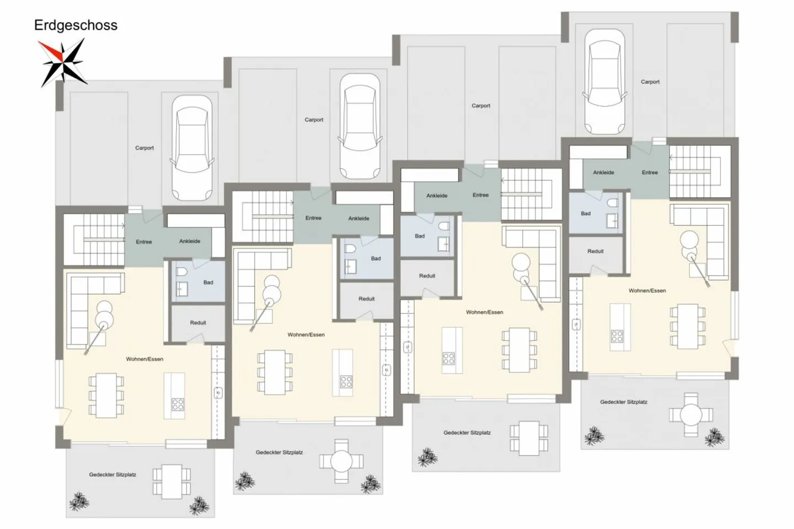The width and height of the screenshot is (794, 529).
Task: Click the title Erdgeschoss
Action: coord(76,25)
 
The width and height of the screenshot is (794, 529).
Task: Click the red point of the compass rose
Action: coord(50,50)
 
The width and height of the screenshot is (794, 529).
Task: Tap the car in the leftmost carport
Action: coord(192,148)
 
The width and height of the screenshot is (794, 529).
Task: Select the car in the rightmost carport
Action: coord(605,82)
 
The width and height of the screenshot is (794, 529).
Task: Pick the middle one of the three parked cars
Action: coord(360,126)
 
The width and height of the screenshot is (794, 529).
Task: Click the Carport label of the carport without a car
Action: coord(481,106)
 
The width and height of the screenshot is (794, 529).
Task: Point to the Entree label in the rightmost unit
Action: coord(650,172)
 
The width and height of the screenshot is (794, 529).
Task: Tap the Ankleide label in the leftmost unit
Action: coord(190,241)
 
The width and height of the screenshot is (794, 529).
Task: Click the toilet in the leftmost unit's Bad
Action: coord(181,272)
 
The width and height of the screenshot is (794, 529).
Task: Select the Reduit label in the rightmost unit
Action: coord(595,251)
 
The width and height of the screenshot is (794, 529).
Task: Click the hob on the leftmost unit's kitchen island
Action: coord(178,404)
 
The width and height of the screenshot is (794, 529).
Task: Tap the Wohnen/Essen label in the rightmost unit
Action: coord(647,290)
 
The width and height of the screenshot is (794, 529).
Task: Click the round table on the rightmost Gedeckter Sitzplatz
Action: coord(691,415)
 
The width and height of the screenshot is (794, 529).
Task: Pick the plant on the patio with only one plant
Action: coord(427,457)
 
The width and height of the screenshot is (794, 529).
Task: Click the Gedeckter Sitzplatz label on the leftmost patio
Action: coord(112,474)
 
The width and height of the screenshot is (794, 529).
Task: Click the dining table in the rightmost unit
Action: coord(687,326)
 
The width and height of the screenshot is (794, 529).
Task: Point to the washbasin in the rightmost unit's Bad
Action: coord(612,221)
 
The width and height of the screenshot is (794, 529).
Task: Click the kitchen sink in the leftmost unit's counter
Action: coord(218,393)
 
